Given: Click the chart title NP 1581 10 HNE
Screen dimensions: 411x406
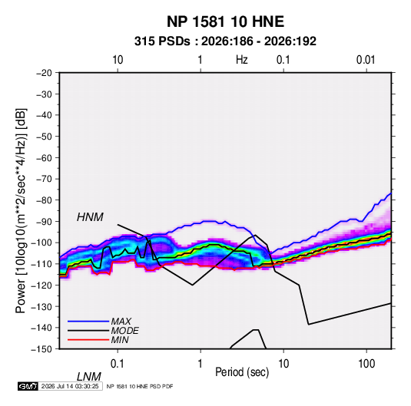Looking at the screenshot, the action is click(x=225, y=21).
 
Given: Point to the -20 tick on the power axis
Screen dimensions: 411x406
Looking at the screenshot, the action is click(x=44, y=73).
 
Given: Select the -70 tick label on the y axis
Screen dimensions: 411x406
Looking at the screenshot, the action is click(x=44, y=179).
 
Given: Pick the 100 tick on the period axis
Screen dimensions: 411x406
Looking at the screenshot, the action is click(x=366, y=364).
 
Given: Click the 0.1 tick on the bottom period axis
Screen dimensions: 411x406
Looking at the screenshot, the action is click(x=118, y=364).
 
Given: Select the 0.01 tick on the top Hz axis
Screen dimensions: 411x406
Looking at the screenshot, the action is click(x=366, y=60).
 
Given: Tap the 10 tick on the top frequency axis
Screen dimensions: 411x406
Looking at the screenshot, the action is click(x=118, y=60).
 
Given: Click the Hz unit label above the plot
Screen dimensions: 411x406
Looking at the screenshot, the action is click(x=242, y=60).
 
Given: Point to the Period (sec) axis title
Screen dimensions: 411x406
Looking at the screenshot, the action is click(x=242, y=372).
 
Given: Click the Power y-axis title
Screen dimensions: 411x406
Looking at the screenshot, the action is click(x=21, y=211).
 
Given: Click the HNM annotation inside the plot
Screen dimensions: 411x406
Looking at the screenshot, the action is click(x=90, y=217).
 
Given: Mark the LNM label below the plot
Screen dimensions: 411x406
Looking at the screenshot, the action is click(x=89, y=377).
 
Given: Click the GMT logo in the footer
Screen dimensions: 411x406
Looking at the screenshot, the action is click(x=28, y=386).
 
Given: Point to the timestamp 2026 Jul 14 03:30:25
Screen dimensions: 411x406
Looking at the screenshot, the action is click(x=70, y=386).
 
